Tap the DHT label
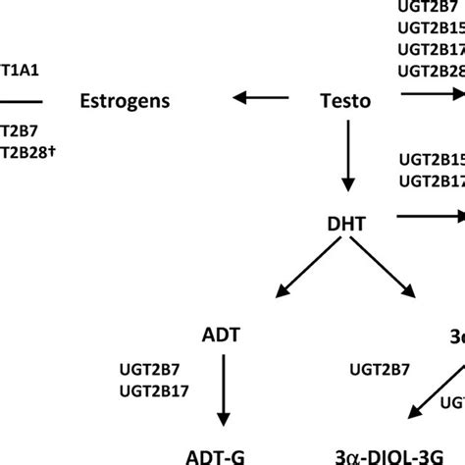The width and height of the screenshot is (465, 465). click(346, 225)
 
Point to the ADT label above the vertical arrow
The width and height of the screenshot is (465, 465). click(224, 336)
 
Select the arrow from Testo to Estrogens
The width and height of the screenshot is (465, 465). click(260, 97)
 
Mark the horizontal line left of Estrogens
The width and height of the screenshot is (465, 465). click(21, 99)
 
